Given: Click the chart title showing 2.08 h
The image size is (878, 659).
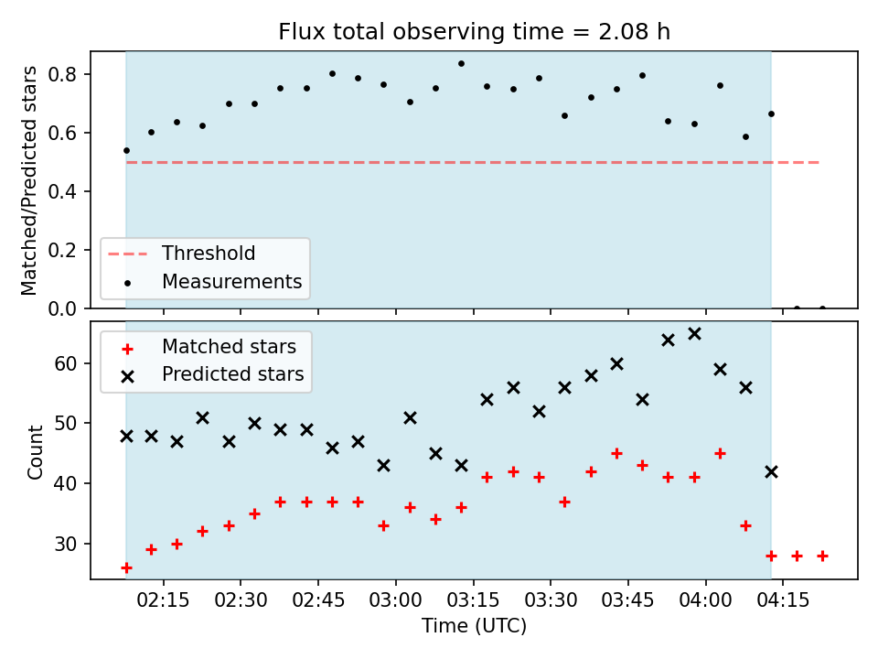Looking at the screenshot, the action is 475,32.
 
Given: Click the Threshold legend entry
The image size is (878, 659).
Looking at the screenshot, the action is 181,254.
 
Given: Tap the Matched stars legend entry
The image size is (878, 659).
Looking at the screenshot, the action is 209,347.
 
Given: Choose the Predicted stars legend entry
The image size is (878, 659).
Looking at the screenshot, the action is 213,374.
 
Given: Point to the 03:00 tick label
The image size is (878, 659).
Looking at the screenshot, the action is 396,600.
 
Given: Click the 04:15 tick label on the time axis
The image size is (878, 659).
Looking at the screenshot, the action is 783,600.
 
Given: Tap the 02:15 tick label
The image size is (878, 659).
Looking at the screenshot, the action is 164,600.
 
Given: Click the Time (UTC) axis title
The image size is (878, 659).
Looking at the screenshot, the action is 475,625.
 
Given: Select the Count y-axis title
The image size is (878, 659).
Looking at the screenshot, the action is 36,452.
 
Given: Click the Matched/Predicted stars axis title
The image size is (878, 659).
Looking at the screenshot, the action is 28,180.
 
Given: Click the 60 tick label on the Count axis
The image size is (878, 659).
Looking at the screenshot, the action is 66,363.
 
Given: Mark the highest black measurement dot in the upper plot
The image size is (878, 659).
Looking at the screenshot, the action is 461,64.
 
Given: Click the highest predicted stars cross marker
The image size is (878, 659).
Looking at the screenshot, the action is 694,334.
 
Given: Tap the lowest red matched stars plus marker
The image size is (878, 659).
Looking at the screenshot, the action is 126,568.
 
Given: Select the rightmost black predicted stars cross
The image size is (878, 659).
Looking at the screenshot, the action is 771,472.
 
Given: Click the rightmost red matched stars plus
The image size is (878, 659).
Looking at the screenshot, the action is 822,556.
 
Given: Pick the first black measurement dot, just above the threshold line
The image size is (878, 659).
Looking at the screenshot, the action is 126,151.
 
